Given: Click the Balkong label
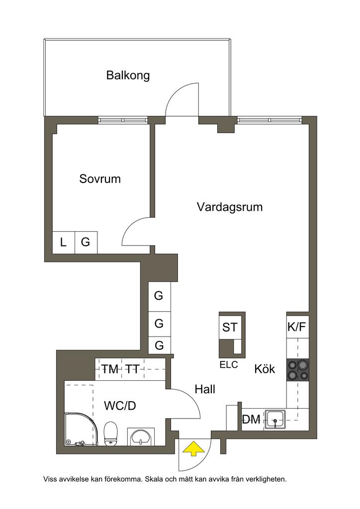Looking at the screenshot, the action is (x=128, y=76).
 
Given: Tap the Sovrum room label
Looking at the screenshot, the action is (x=100, y=179).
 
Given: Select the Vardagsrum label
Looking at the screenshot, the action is (x=229, y=207).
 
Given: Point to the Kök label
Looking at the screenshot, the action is (x=265, y=369).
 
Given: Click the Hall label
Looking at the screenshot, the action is (x=205, y=389).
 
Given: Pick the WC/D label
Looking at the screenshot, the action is (x=120, y=406).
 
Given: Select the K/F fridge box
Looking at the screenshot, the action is (x=297, y=327).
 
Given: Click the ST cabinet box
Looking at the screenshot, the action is (x=230, y=328).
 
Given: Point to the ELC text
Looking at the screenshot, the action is (x=229, y=365).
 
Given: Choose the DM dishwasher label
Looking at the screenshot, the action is (x=252, y=420).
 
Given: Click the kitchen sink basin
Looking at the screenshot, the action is (x=275, y=419).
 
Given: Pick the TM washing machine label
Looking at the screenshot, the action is (x=110, y=369).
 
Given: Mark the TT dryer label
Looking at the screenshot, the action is (x=132, y=369).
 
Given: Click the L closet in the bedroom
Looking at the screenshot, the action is (x=63, y=243).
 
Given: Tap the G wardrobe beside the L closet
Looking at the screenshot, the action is (x=86, y=243).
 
